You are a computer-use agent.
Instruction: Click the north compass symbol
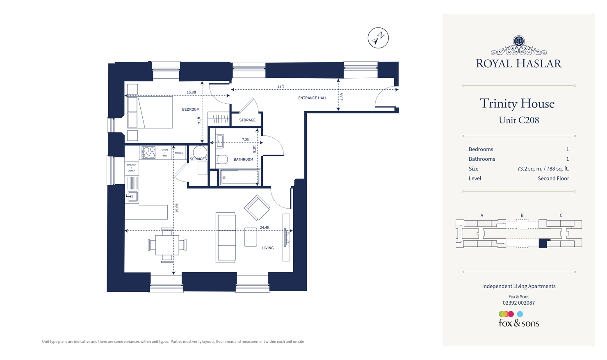378,38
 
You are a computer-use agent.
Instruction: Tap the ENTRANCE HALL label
313,98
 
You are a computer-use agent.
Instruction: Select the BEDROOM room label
191,109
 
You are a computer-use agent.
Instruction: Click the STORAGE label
247,120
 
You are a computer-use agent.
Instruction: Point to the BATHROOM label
243,159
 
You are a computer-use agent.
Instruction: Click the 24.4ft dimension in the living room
265,227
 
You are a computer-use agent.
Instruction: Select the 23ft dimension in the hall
281,87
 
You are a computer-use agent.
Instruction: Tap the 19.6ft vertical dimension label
177,208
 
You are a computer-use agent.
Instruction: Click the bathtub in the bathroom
240,178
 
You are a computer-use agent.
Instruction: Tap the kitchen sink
132,196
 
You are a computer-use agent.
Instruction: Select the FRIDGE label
179,153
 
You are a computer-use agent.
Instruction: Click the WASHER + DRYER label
131,168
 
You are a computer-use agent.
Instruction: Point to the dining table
167,245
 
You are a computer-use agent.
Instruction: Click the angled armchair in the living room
257,207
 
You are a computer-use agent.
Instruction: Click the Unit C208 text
519,120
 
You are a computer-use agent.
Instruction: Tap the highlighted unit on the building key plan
543,243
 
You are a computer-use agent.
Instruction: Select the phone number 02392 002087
519,303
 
